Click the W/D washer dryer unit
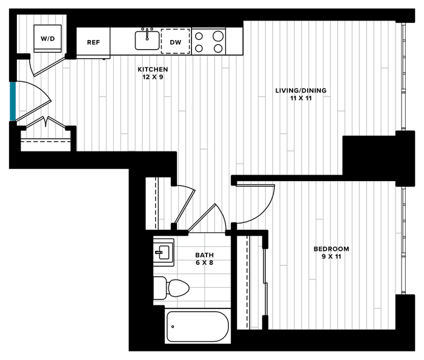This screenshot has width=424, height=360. pyautogui.click(x=48, y=38)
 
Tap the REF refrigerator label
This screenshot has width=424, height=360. pyautogui.click(x=93, y=42)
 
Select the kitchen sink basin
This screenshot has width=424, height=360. pyautogui.click(x=147, y=41)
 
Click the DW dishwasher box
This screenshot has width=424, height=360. pyautogui.click(x=176, y=41)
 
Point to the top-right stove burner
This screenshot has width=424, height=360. pyautogui.click(x=218, y=36)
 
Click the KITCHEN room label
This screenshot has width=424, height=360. pyautogui.click(x=153, y=70)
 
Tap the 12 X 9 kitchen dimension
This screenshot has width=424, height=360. pyautogui.click(x=153, y=77)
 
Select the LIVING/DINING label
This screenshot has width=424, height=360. pyautogui.click(x=300, y=91)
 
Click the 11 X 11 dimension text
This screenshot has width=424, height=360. pyautogui.click(x=300, y=98)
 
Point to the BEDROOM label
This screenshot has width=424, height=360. pyautogui.click(x=331, y=249)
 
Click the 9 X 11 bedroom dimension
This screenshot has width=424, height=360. pyautogui.click(x=331, y=256)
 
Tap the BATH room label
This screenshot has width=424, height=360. pyautogui.click(x=205, y=255)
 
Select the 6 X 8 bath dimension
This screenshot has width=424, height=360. pyautogui.click(x=205, y=262)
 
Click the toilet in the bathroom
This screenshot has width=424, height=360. pyautogui.click(x=171, y=288)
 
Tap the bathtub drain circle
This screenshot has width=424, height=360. pyautogui.click(x=173, y=327)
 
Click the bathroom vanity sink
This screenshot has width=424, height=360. pyautogui.click(x=164, y=252)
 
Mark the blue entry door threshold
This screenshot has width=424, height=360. pyautogui.click(x=13, y=101)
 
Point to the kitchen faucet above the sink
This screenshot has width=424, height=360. pyautogui.click(x=147, y=33)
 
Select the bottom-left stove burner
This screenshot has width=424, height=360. pyautogui.click(x=199, y=48)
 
